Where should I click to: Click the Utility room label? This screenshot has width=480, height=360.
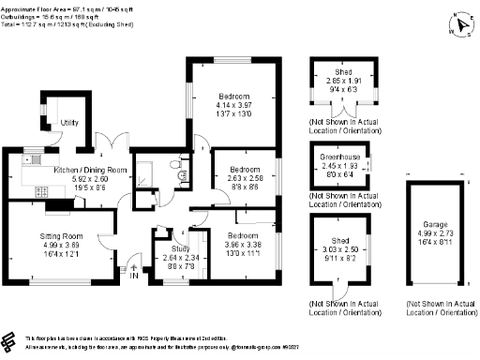68,123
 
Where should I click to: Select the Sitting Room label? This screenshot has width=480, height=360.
61,236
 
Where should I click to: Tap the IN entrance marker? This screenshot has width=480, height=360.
133,276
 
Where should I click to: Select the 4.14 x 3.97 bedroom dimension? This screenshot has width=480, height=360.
233,106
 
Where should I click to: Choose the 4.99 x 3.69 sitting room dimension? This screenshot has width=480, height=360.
61,246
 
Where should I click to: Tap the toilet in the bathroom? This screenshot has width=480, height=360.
180,171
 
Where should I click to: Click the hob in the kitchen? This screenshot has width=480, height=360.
41,191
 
